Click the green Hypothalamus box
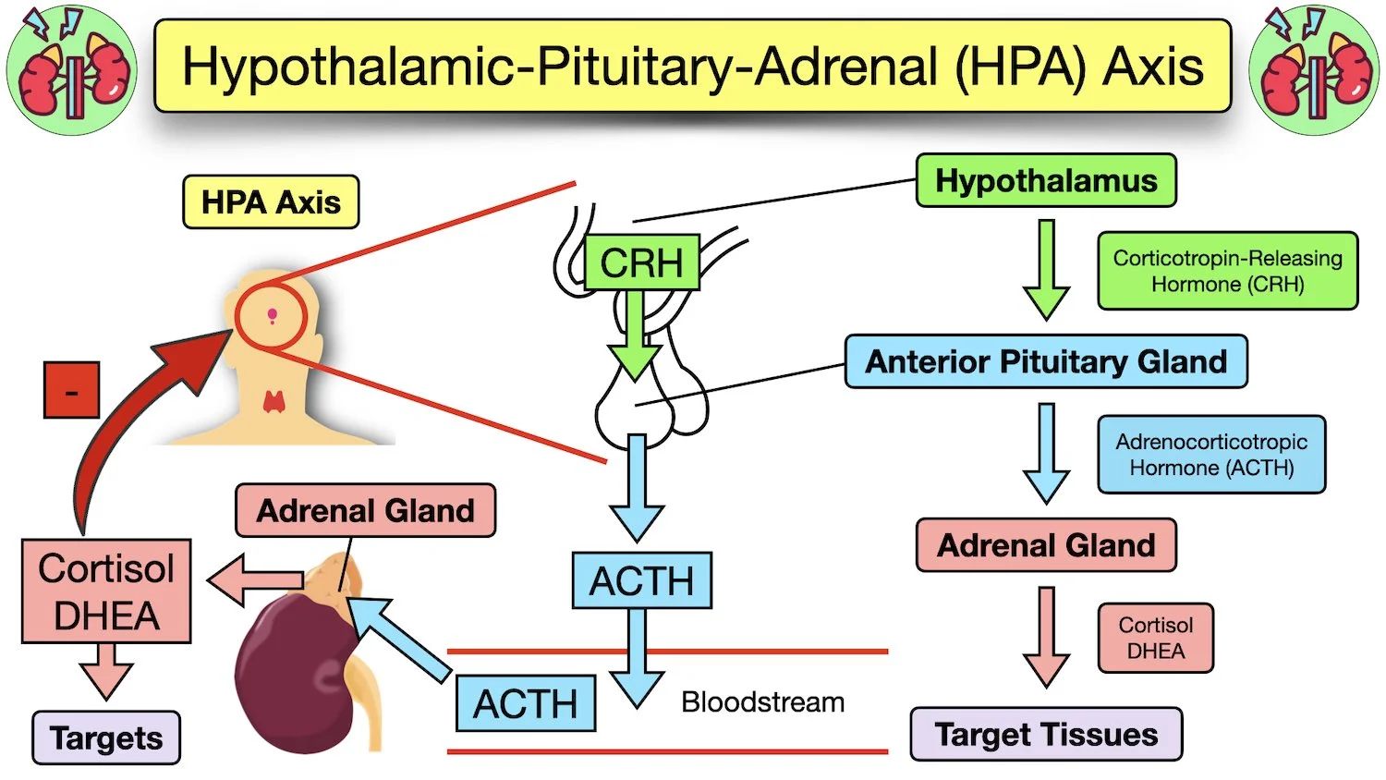[x=1045, y=181]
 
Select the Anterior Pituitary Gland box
[x=1045, y=361]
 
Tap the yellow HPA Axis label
[x=271, y=202]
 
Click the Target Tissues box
[x=1045, y=735]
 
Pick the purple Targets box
[x=106, y=738]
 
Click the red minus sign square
[x=71, y=390]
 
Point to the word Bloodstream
[x=762, y=702]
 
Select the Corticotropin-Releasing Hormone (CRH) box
[x=1227, y=271]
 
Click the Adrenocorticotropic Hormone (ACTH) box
[x=1210, y=455]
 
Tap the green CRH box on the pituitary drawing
[x=641, y=262]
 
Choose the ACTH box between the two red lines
[x=525, y=704]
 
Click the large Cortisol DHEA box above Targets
[x=106, y=591]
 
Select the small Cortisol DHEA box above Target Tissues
[x=1155, y=638]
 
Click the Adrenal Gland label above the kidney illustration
[x=365, y=511]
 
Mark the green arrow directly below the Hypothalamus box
[x=1046, y=268]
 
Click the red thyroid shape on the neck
[x=274, y=401]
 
